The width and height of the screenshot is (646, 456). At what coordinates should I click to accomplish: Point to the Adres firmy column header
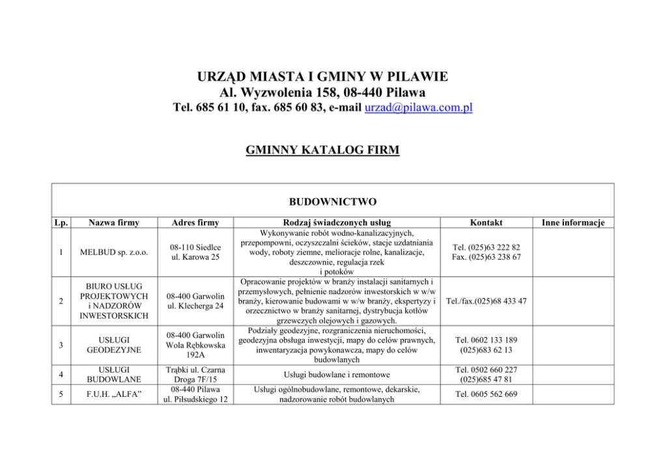point(196,222)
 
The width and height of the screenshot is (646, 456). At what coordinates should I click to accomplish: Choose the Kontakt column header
point(486,222)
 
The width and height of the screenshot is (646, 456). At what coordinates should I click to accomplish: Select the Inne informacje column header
point(573,222)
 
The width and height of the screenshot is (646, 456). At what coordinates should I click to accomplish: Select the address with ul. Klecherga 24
point(196,306)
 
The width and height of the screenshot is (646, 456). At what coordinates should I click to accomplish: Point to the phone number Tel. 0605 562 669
point(486,394)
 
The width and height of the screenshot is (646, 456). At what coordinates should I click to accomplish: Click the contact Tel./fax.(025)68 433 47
point(486,301)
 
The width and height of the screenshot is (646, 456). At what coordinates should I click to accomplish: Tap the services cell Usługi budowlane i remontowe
point(337,375)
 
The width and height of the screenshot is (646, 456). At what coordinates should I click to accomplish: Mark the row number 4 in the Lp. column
point(60,375)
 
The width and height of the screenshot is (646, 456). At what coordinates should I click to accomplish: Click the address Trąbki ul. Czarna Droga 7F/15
point(196,375)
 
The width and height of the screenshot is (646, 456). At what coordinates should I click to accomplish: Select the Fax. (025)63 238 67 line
point(486,258)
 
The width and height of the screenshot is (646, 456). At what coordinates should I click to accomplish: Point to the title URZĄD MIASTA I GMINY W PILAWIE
point(322,77)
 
